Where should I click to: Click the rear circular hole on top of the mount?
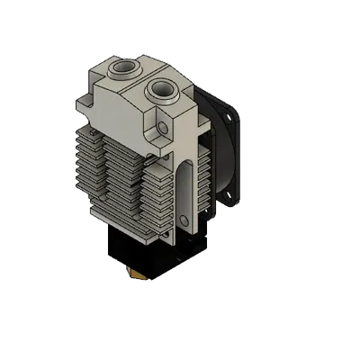[x=120, y=67]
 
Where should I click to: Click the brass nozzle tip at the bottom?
[x=138, y=272]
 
